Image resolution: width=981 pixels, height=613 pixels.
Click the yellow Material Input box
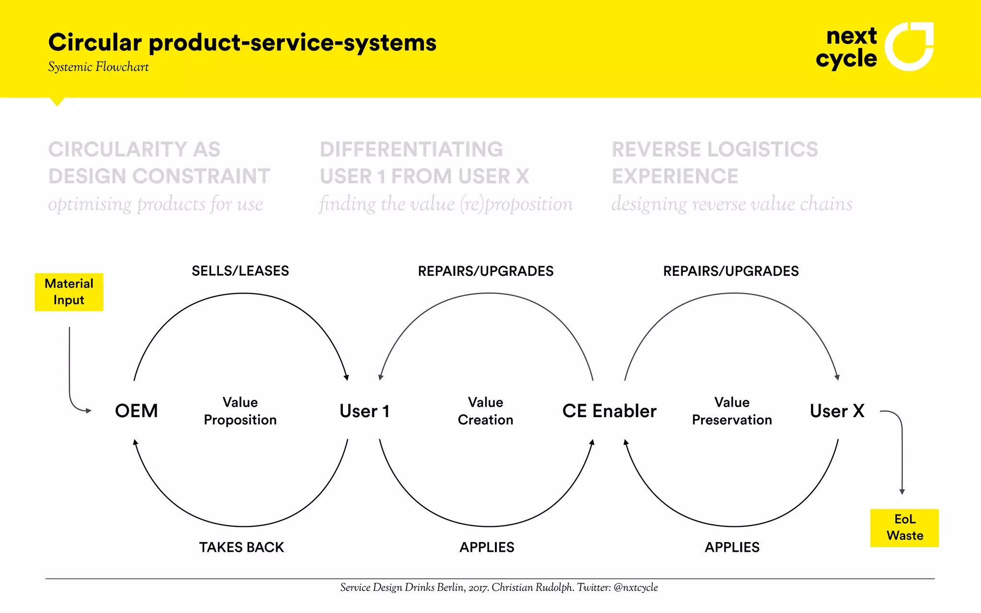pyautogui.click(x=69, y=292)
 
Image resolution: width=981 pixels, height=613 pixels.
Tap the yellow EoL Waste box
pyautogui.click(x=904, y=527)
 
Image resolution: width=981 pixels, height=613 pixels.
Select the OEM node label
pyautogui.click(x=137, y=411)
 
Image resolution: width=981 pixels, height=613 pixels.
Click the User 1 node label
pyautogui.click(x=365, y=411)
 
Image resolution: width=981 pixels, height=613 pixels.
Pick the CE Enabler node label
pyautogui.click(x=609, y=411)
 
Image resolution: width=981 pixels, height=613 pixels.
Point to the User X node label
pyautogui.click(x=837, y=411)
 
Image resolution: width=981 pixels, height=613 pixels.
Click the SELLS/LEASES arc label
pyautogui.click(x=240, y=271)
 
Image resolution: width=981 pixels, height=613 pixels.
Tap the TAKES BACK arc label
pyautogui.click(x=241, y=547)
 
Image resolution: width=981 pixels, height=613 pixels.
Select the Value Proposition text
pyautogui.click(x=240, y=411)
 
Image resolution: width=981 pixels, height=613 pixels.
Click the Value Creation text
pyautogui.click(x=485, y=411)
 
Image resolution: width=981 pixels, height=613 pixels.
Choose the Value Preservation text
pyautogui.click(x=732, y=411)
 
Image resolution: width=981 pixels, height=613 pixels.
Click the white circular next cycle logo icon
pyautogui.click(x=909, y=46)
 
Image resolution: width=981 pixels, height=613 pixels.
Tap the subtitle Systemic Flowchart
pyautogui.click(x=98, y=67)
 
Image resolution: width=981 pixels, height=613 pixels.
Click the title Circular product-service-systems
pyautogui.click(x=242, y=43)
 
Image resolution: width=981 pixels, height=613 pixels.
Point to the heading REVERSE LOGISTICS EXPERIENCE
pyautogui.click(x=715, y=163)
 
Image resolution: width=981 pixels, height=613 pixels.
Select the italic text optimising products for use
pyautogui.click(x=156, y=204)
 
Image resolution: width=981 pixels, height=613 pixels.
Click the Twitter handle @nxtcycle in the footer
pyautogui.click(x=636, y=588)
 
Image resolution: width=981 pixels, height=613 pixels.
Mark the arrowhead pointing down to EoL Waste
pyautogui.click(x=902, y=491)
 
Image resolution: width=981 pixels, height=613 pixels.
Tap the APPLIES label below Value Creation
pyautogui.click(x=487, y=547)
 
